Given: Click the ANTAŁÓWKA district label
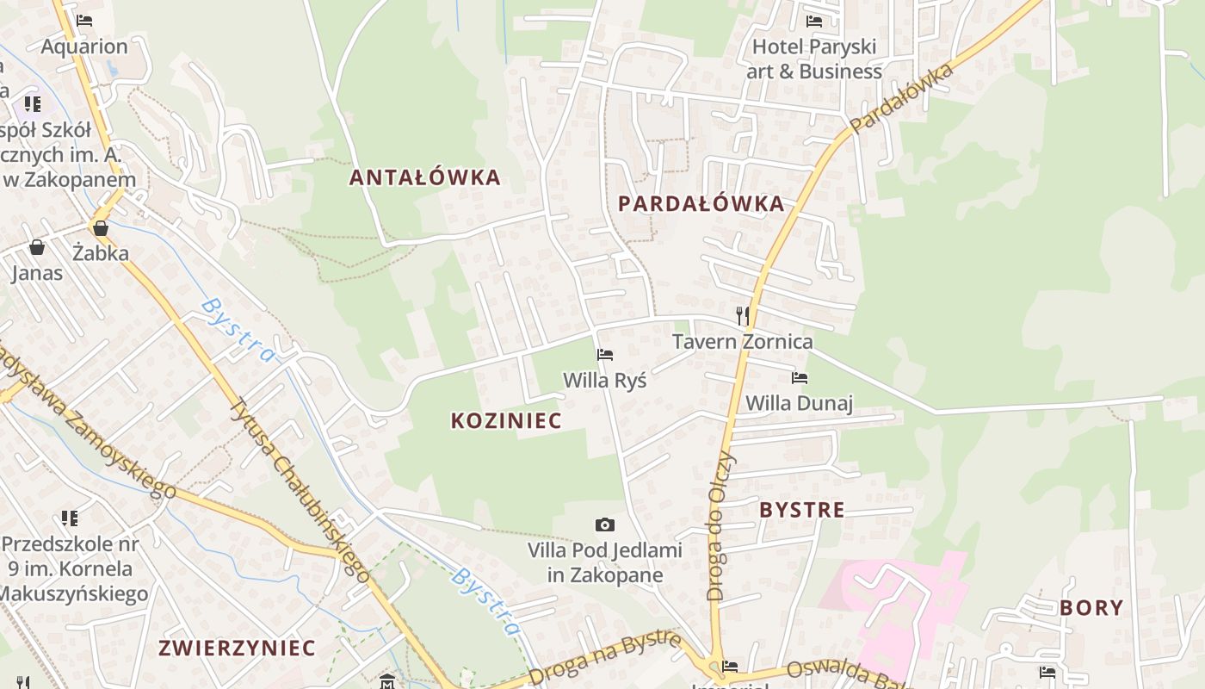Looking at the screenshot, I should coord(424,177).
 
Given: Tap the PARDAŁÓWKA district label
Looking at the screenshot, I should coord(701,203).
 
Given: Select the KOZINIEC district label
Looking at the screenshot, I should coord(506,420).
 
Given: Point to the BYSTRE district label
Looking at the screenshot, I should coord(801,509).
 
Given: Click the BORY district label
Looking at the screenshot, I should coord(1091,607).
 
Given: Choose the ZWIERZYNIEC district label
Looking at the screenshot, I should coord(238,648).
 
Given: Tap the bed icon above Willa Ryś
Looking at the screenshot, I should coord(605,355).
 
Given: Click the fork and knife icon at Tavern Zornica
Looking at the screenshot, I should coord(743,316).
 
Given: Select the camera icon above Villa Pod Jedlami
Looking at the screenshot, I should coord(605,525).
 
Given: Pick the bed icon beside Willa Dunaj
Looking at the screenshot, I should coord(800,377).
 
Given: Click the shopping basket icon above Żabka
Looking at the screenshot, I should coord(101,228).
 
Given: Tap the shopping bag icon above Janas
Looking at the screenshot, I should coord(37,248).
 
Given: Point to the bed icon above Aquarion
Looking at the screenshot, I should coord(83,21).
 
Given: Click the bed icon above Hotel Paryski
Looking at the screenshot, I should coord(813,22).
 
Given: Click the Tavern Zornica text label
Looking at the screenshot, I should coord(742,341).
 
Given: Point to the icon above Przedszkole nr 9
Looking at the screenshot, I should coord(70,518).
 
